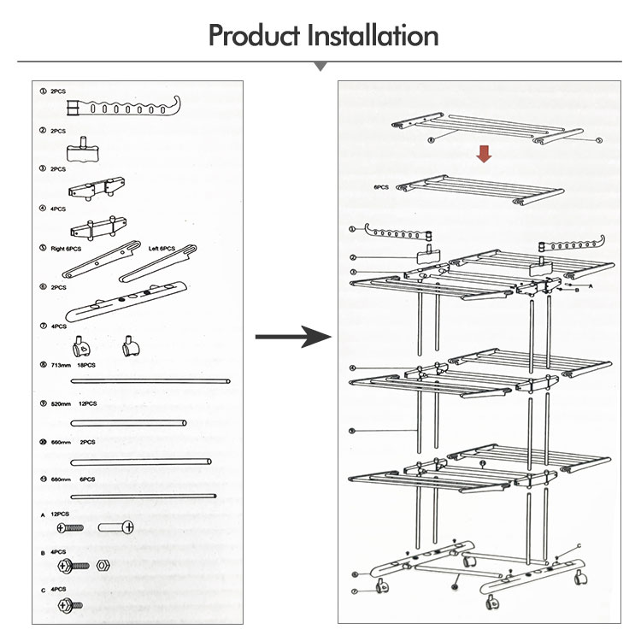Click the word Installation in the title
(373, 36)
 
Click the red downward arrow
(484, 154)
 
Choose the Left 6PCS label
(162, 249)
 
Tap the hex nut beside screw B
(100, 565)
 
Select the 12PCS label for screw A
(59, 515)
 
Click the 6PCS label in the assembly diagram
(381, 186)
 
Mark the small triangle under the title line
(320, 66)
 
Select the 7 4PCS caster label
(55, 326)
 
